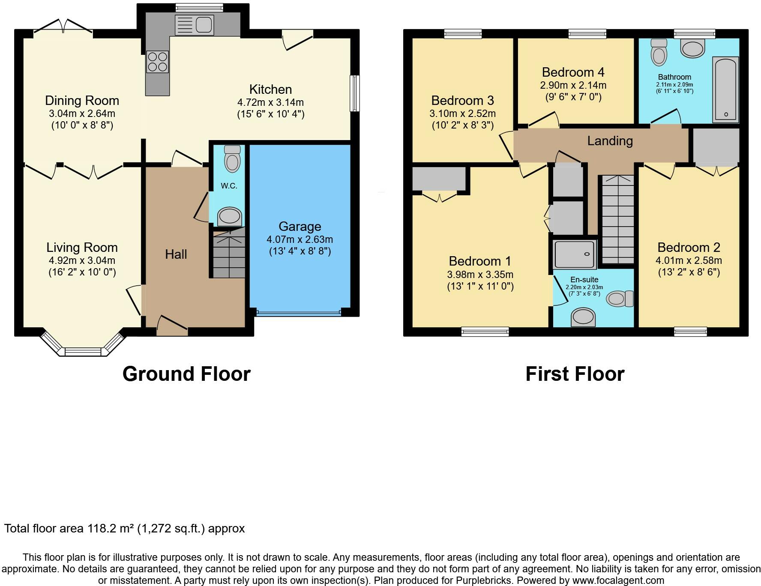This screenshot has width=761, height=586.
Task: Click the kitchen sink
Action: [194, 25]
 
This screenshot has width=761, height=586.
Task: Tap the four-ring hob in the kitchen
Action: [157, 62]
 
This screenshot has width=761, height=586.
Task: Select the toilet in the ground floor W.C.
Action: [232, 158]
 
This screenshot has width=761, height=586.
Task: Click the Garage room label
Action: [300, 226]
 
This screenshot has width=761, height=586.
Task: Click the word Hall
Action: [176, 254]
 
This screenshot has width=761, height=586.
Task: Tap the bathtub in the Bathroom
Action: [725, 90]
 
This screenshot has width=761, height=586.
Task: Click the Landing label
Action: [610, 141]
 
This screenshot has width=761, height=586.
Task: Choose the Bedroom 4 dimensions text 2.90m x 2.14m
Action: [573, 85]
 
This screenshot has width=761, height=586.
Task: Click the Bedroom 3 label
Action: [462, 100]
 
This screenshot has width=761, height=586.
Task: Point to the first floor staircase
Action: [617, 219]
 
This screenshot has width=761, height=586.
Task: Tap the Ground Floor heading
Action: [186, 374]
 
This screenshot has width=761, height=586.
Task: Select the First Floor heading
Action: [575, 374]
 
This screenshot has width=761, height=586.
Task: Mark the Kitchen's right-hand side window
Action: [355, 93]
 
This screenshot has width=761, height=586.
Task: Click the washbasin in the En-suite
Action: [583, 317]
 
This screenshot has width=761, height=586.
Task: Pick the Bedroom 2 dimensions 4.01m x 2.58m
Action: [689, 260]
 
